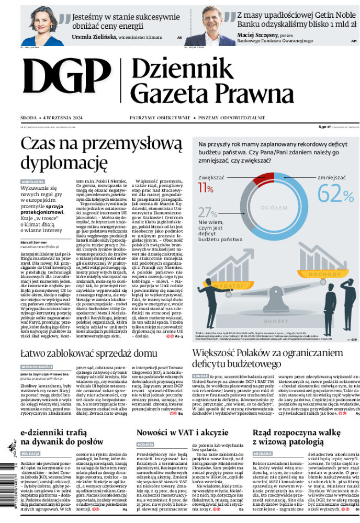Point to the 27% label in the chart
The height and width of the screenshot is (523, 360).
(208, 212)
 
